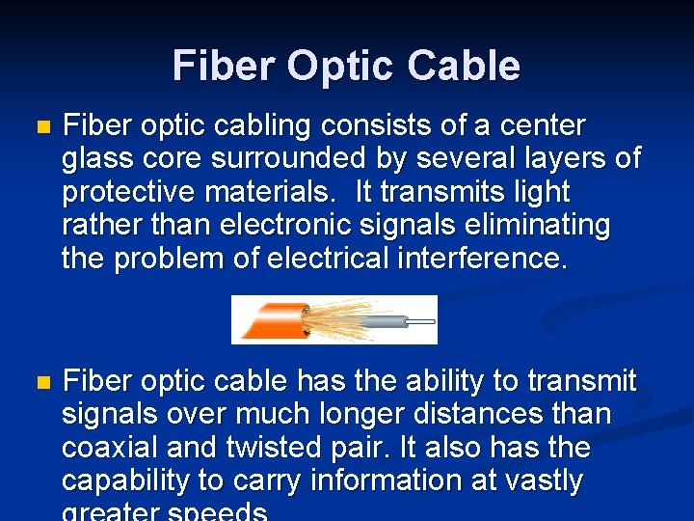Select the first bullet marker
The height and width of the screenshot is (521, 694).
tap(40, 126)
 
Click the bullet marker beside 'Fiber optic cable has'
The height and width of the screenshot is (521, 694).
tap(40, 383)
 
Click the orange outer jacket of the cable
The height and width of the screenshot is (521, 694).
tap(269, 319)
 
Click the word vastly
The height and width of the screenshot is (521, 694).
tap(535, 480)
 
